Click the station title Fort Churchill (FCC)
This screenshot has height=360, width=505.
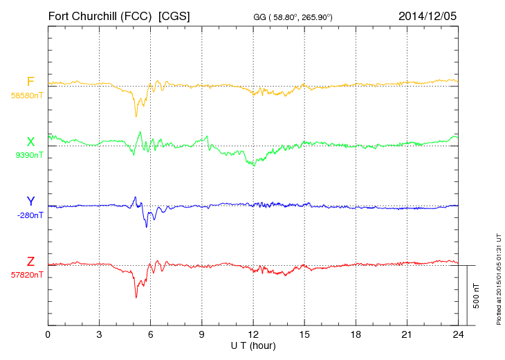tap(100, 15)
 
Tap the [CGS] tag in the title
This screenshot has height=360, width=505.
tap(174, 15)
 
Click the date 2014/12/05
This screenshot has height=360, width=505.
tap(428, 15)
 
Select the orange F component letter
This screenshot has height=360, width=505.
tap(30, 82)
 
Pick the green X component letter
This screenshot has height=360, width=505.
tap(30, 142)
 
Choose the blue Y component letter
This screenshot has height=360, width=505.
tap(30, 201)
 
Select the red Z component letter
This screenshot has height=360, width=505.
tap(30, 262)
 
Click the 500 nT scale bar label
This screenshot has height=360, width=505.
tap(477, 296)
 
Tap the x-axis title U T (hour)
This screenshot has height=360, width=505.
tap(253, 345)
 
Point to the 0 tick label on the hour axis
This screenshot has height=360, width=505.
tap(48, 334)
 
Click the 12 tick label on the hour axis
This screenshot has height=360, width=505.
tap(253, 334)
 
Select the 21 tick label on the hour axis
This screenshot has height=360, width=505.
tap(407, 334)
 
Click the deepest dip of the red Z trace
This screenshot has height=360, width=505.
tap(136, 298)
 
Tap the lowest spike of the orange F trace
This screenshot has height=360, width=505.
tap(136, 116)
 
